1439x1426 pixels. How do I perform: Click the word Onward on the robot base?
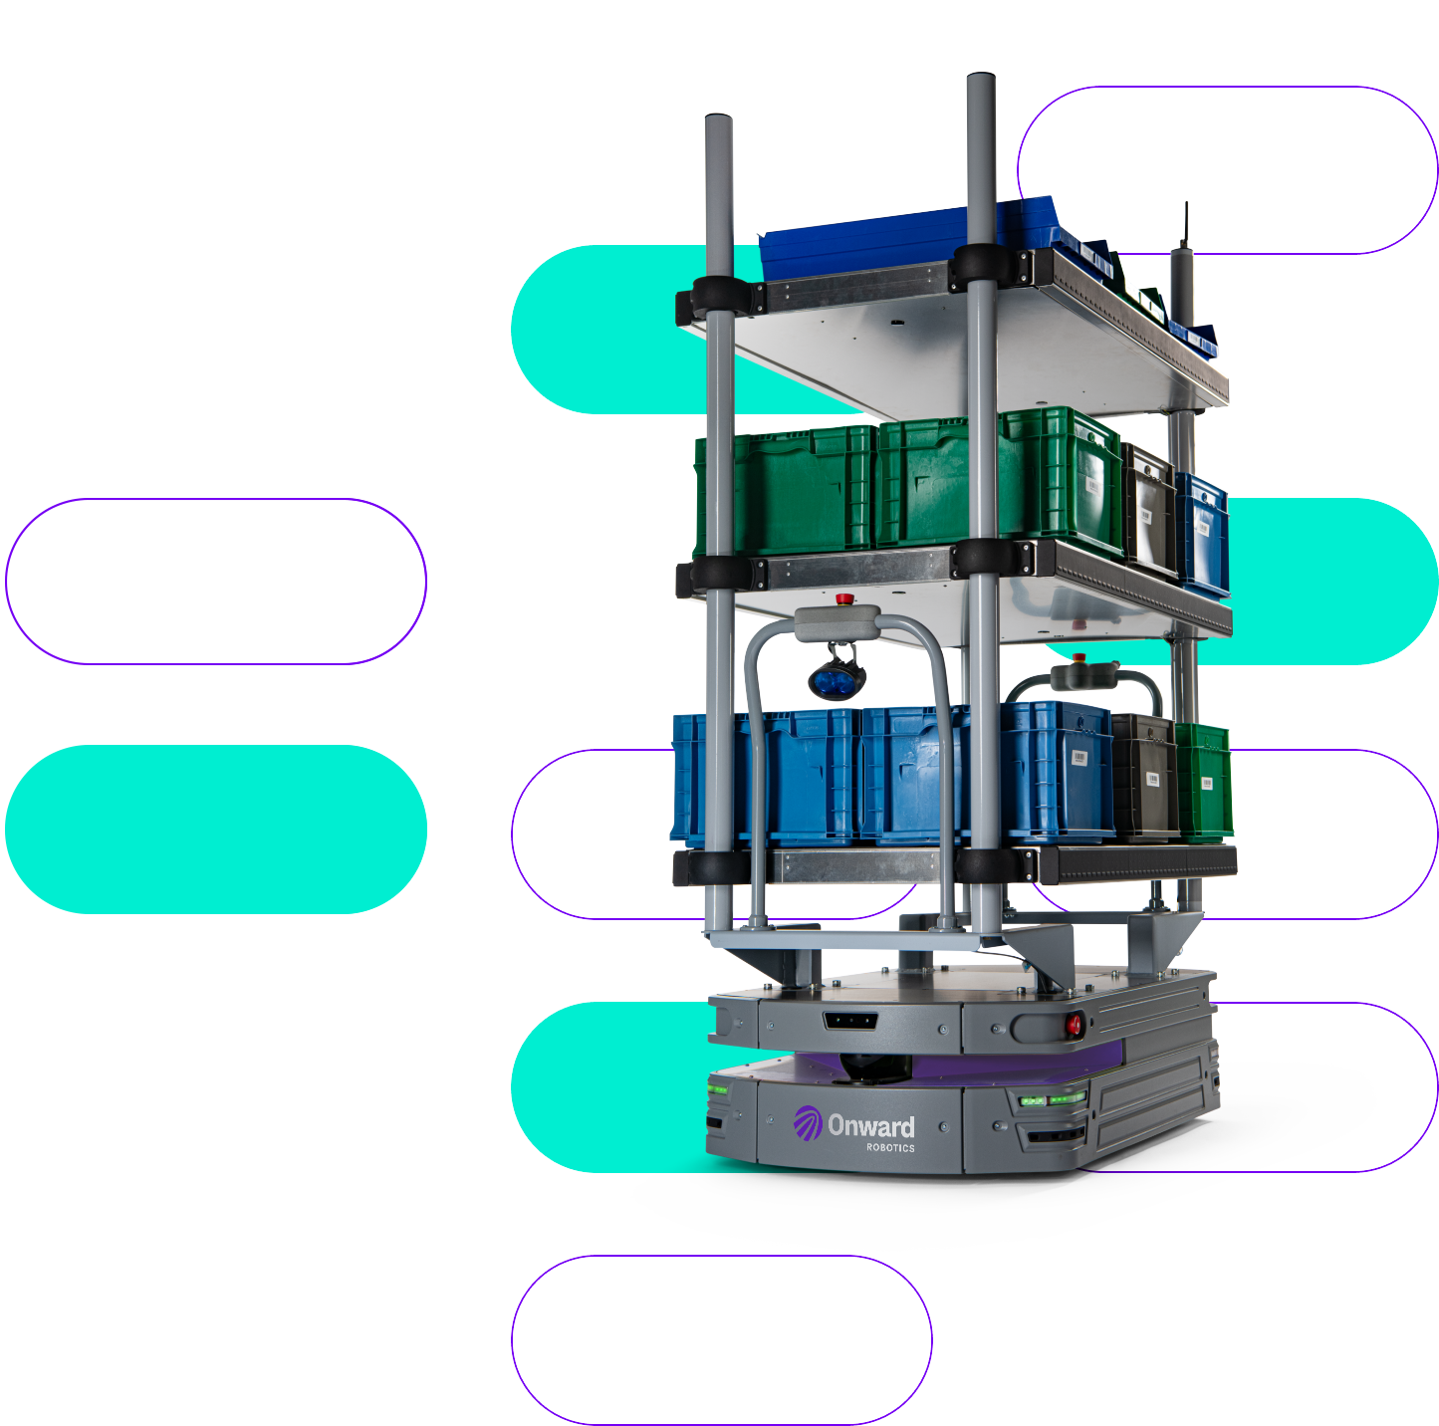coord(871,1126)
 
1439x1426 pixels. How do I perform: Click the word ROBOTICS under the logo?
coord(890,1148)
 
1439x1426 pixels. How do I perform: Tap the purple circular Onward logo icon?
coord(808,1123)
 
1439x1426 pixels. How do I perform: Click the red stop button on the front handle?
coord(844,599)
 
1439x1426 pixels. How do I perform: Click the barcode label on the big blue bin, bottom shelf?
coord(1079,759)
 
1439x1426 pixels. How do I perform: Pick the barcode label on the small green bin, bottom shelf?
coord(1206,782)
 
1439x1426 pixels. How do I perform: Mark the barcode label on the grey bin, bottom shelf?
coord(1152,778)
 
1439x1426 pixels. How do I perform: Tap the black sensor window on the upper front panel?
coord(849,1020)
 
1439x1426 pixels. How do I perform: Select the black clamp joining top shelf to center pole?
coord(981,267)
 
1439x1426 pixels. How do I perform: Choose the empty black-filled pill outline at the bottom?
coord(721,1339)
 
